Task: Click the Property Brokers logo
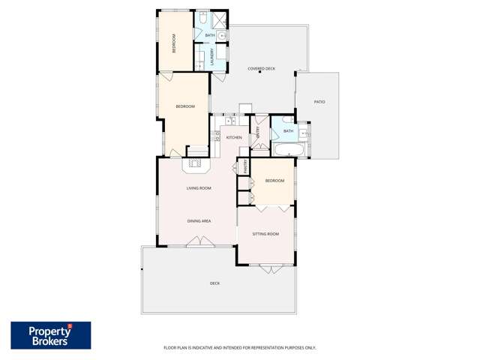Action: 50,335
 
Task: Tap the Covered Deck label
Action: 261,69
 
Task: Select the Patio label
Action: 319,101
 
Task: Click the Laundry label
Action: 213,57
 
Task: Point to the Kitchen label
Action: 234,138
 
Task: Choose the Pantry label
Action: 244,167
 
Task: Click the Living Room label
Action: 199,188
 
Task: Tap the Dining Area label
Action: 199,221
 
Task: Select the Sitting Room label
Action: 265,234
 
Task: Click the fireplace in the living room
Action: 197,163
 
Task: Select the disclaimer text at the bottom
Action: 240,347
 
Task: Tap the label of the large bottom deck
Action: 214,283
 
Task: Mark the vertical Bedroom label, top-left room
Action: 174,43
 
